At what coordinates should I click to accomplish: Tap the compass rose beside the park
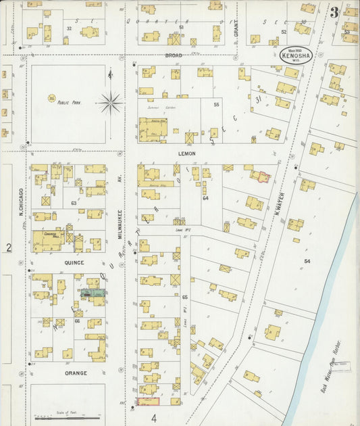[x=110, y=103]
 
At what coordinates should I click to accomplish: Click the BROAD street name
[x=174, y=55]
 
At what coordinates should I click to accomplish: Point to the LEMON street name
[x=186, y=153]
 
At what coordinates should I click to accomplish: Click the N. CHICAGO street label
[x=22, y=202]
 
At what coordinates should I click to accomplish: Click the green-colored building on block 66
[x=92, y=293]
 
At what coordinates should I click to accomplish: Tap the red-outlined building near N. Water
[x=261, y=177]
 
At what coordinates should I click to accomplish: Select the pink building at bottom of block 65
[x=148, y=402]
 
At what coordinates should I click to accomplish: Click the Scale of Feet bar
[x=67, y=417]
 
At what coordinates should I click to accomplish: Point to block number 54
[x=307, y=261]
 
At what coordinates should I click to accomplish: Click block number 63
[x=74, y=202]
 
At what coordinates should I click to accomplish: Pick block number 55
[x=217, y=105]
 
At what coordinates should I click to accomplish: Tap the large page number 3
[x=334, y=11]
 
